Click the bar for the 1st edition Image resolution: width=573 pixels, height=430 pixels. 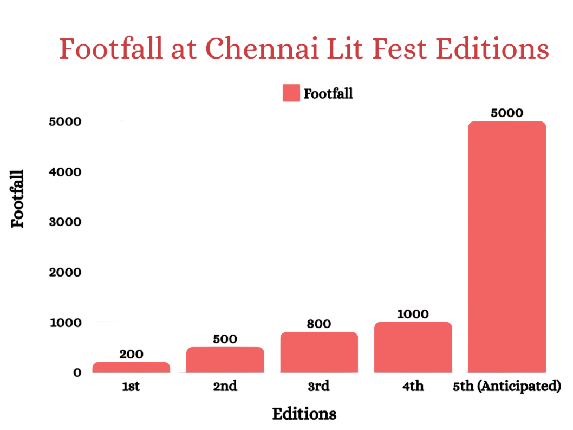[131, 367]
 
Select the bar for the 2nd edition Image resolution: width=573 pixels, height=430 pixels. [225, 360]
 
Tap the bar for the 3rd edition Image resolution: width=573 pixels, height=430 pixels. [319, 352]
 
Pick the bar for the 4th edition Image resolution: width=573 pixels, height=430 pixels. [413, 347]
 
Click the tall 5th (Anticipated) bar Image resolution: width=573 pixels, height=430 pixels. [507, 247]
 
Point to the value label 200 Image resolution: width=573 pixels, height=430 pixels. [131, 354]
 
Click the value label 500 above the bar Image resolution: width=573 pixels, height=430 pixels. [225, 339]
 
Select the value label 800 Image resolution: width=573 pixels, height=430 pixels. [318, 324]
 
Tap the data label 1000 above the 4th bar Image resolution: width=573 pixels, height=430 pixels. [413, 314]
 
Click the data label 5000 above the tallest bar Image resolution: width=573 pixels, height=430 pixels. [507, 113]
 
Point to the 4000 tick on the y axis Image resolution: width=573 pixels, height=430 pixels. [65, 172]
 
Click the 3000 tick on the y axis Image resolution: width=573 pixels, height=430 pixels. [65, 222]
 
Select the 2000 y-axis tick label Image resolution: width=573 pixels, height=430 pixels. [65, 272]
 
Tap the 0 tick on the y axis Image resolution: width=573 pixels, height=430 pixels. [77, 373]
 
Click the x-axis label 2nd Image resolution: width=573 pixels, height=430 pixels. [225, 387]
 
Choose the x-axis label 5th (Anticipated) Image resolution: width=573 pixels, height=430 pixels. [506, 387]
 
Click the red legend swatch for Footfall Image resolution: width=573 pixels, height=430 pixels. [291, 93]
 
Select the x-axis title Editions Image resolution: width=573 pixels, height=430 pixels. [304, 414]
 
